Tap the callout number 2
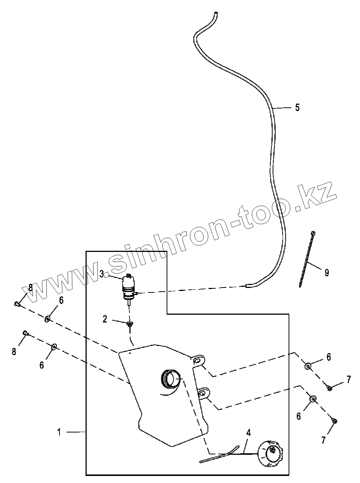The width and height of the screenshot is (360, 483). (x=105, y=319)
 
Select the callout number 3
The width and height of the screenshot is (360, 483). (x=102, y=275)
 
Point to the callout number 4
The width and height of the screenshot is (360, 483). (x=248, y=432)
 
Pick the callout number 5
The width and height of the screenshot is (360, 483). (x=297, y=108)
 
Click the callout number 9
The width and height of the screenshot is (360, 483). (x=327, y=273)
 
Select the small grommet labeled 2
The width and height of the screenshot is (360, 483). (x=129, y=324)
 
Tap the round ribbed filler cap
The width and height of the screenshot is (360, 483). (x=270, y=454)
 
